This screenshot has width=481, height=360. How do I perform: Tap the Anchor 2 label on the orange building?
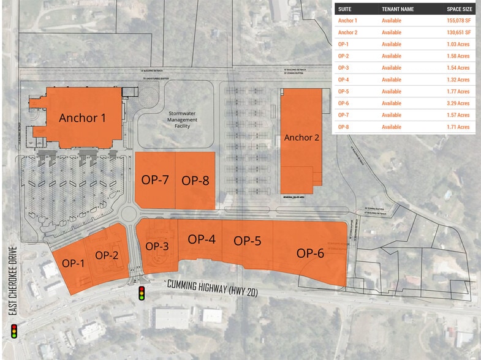(x=301, y=137)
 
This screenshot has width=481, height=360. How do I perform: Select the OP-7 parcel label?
(x=155, y=180)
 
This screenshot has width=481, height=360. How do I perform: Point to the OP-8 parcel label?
(x=195, y=180)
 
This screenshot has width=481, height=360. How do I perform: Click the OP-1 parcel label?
(x=73, y=263)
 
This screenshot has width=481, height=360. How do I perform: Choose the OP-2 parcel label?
(x=107, y=255)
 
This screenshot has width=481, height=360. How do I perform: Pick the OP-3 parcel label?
(x=157, y=246)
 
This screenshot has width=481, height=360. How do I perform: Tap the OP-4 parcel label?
(x=202, y=239)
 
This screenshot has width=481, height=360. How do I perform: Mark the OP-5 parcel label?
(x=248, y=241)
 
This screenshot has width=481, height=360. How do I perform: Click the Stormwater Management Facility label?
(x=183, y=120)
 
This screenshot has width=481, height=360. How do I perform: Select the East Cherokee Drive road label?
(x=12, y=282)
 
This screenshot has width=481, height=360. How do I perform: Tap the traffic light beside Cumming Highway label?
(x=142, y=293)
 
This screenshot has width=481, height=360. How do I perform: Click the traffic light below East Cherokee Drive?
(x=13, y=332)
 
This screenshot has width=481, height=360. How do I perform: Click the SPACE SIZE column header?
(x=458, y=9)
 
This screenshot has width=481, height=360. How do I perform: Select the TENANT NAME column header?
(x=398, y=9)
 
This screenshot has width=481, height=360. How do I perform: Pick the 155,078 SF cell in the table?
(x=458, y=21)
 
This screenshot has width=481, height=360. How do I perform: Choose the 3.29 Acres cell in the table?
(x=458, y=103)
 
